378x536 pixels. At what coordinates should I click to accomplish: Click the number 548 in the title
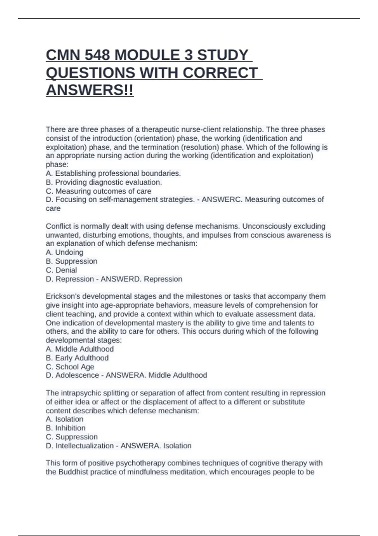[x=97, y=55]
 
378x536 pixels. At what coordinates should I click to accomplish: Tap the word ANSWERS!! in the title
[x=90, y=90]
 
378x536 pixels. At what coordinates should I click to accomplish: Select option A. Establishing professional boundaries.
[x=113, y=173]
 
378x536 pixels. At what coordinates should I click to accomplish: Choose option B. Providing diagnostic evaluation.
[x=104, y=182]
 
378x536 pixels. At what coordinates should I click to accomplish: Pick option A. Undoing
[x=65, y=252]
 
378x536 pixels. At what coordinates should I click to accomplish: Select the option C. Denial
[x=61, y=270]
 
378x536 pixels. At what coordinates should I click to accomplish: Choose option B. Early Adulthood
[x=77, y=358]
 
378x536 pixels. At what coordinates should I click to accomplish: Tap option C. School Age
[x=70, y=367]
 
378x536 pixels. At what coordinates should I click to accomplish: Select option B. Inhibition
[x=66, y=428]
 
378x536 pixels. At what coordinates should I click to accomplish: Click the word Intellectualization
[x=84, y=446]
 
